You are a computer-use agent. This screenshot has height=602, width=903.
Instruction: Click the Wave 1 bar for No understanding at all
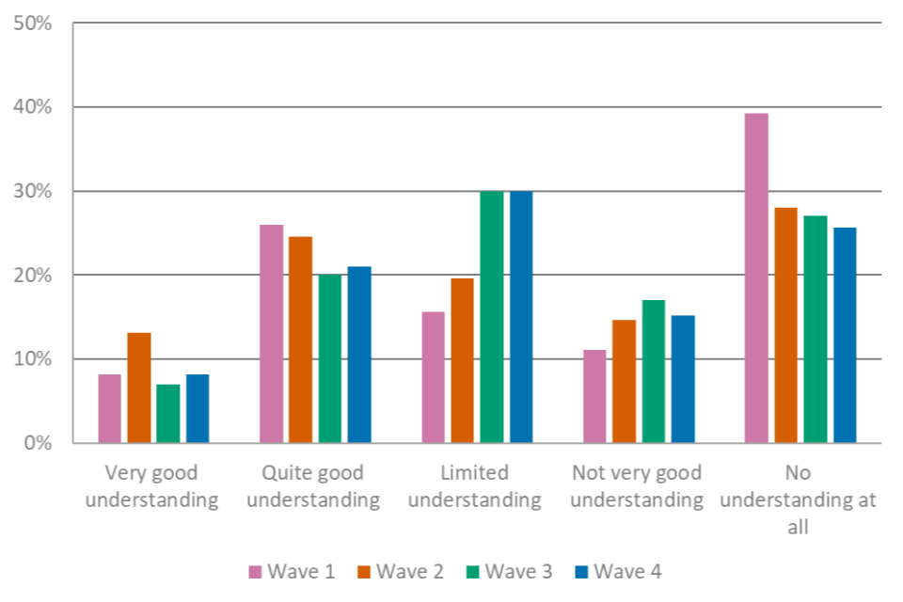(756, 277)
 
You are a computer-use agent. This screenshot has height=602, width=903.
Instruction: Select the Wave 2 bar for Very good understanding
(138, 387)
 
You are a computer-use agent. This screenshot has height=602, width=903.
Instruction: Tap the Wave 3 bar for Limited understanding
(491, 316)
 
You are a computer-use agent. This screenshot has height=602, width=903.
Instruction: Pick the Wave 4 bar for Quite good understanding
(359, 354)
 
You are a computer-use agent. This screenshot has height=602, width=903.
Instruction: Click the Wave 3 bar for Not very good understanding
(653, 371)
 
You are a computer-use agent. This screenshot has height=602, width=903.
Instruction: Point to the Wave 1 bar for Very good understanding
(110, 408)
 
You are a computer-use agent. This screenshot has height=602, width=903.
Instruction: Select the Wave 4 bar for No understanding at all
(844, 334)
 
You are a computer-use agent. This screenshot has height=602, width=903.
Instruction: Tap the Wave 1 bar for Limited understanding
(434, 376)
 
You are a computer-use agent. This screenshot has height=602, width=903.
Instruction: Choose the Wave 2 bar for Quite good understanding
(300, 339)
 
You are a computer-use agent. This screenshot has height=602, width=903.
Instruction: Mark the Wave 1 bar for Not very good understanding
(594, 395)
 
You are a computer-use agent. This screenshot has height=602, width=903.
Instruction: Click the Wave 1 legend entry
(292, 571)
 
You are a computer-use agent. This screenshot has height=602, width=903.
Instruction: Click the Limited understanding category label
(474, 485)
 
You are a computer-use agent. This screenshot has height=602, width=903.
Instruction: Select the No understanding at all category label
(799, 499)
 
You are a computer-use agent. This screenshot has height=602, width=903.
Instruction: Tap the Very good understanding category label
(151, 485)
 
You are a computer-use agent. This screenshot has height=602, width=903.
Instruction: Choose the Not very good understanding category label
(637, 485)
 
